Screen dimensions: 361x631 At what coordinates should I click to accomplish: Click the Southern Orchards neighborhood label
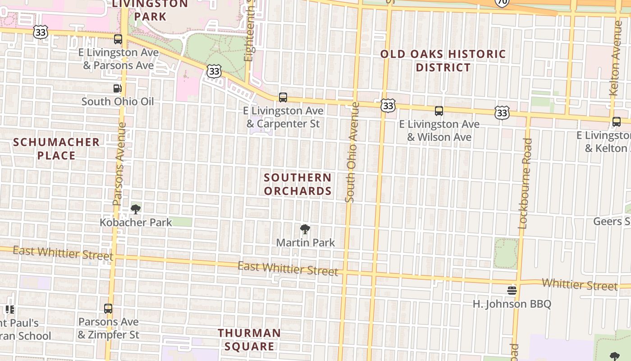pyautogui.click(x=298, y=184)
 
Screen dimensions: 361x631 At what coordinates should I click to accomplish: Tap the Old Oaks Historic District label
pyautogui.click(x=443, y=61)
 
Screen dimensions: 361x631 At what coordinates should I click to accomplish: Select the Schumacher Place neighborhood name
pyautogui.click(x=56, y=149)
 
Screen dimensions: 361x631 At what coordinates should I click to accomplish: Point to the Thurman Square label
pyautogui.click(x=249, y=340)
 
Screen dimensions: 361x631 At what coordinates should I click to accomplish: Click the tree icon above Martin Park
pyautogui.click(x=305, y=229)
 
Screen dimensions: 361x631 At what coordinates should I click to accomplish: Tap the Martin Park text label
pyautogui.click(x=306, y=243)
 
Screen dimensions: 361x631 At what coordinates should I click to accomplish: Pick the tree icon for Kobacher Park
pyautogui.click(x=135, y=209)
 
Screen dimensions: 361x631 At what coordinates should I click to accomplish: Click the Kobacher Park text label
pyautogui.click(x=136, y=222)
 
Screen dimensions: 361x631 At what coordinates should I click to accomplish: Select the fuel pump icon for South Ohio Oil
pyautogui.click(x=117, y=88)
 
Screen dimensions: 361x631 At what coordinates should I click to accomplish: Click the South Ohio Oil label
pyautogui.click(x=118, y=102)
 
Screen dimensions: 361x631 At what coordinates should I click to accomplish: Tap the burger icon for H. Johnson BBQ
pyautogui.click(x=512, y=290)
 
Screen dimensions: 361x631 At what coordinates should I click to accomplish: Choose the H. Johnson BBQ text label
pyautogui.click(x=512, y=304)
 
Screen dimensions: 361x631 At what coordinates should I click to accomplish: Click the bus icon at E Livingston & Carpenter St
pyautogui.click(x=283, y=97)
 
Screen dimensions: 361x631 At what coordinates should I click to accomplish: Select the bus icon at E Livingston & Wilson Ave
pyautogui.click(x=439, y=111)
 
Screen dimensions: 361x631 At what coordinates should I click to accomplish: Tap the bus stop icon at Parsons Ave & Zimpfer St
pyautogui.click(x=108, y=309)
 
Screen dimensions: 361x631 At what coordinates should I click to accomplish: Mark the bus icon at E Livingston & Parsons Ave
pyautogui.click(x=118, y=39)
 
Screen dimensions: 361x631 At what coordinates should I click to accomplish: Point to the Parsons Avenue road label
pyautogui.click(x=120, y=163)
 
